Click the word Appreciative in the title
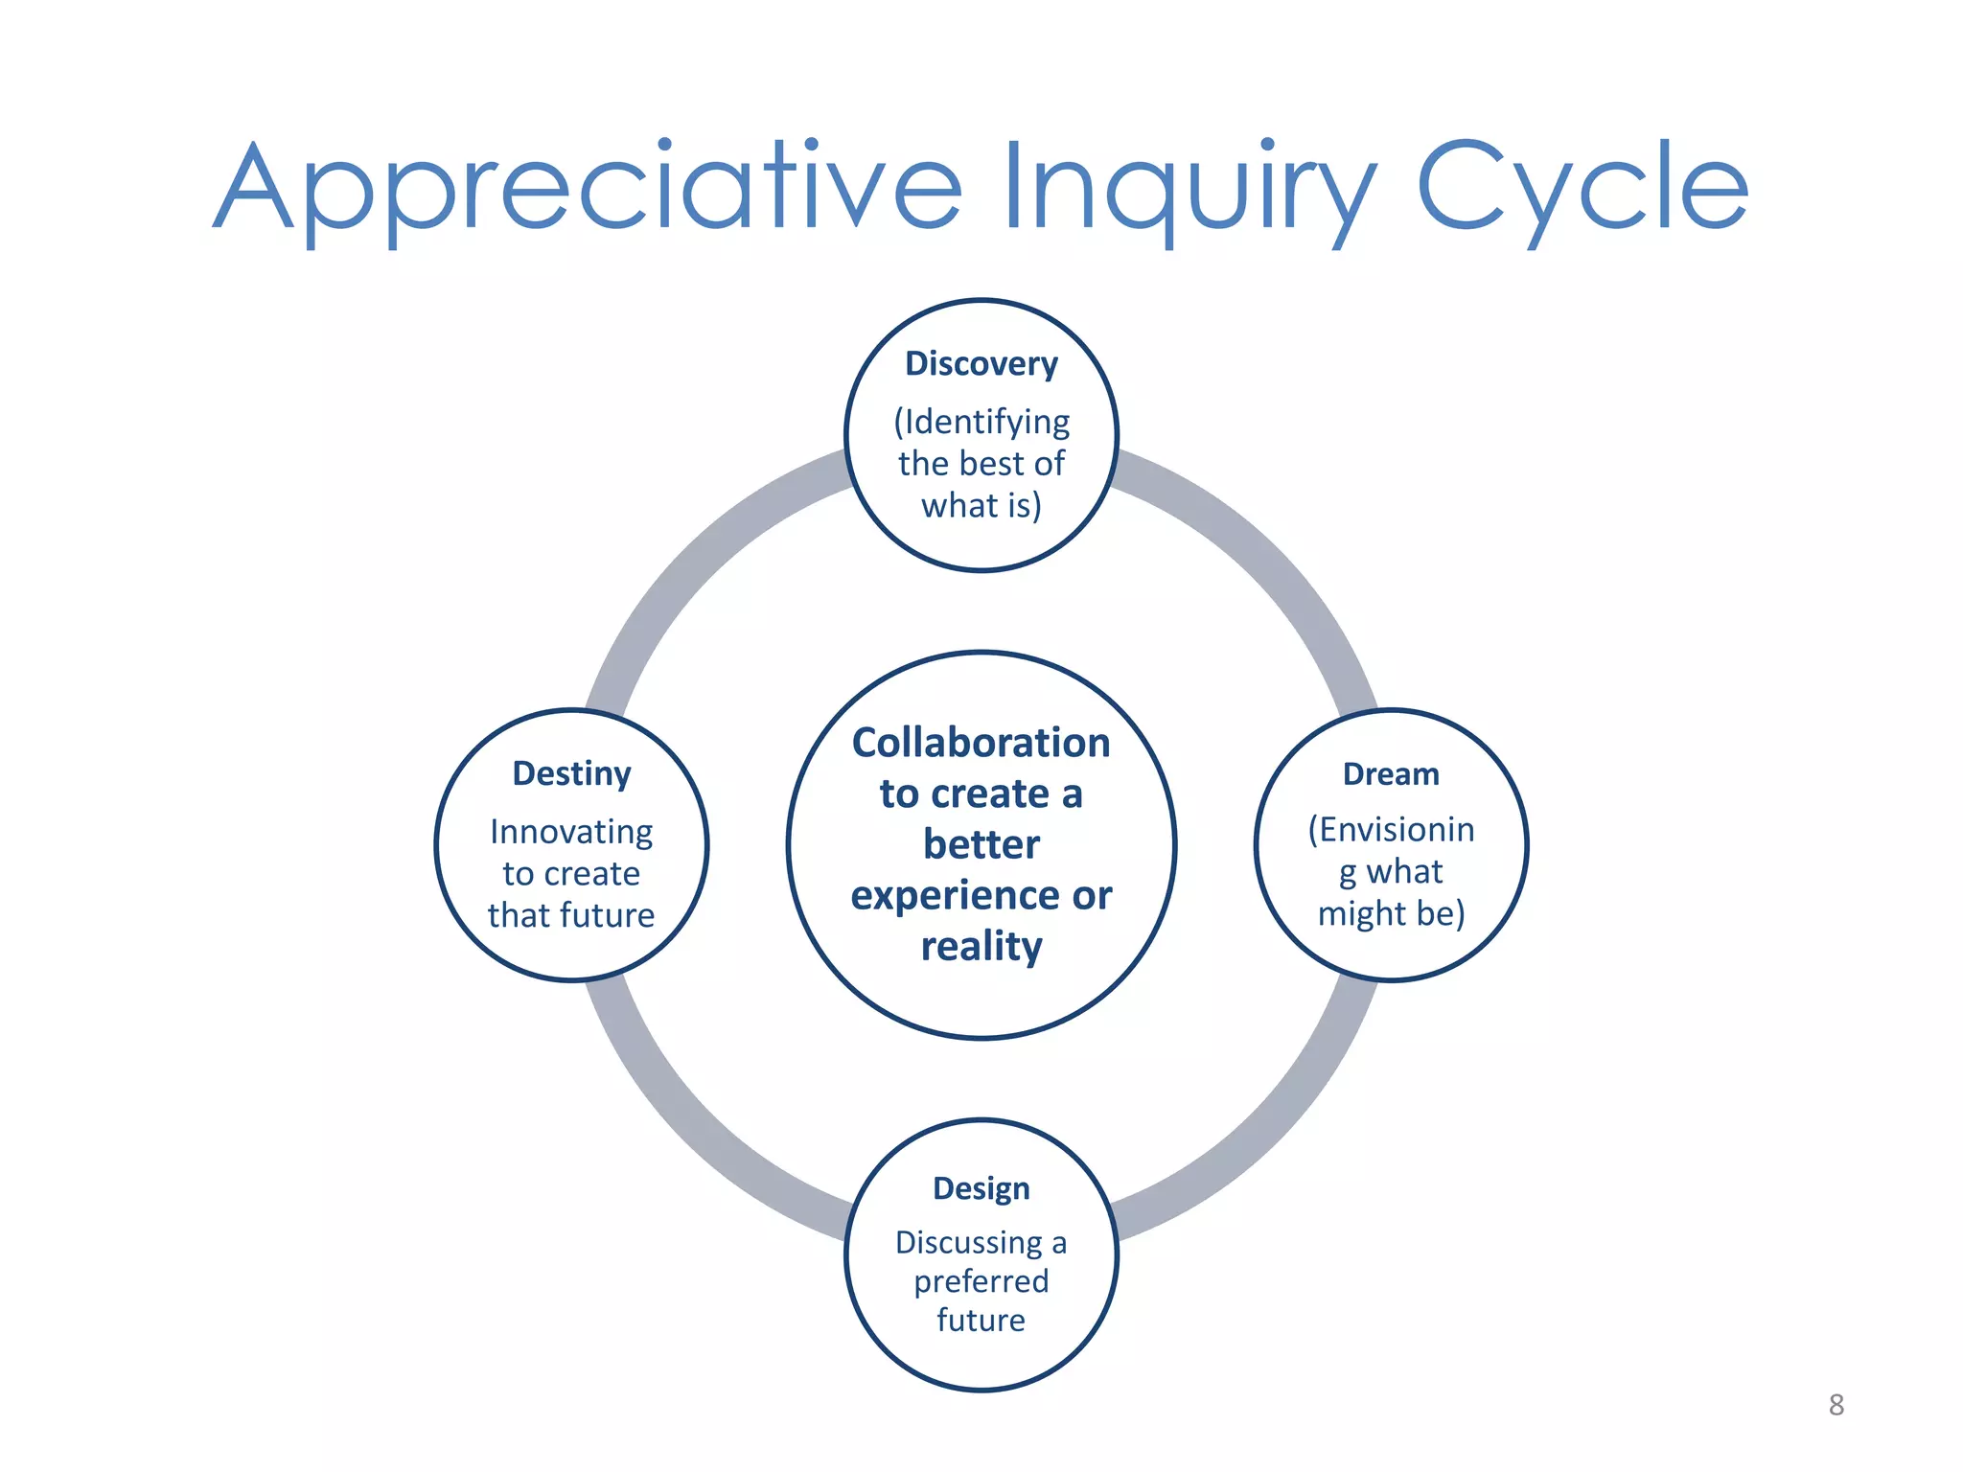point(587,187)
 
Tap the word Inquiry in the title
point(1189,187)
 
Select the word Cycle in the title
point(1582,187)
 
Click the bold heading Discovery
point(981,364)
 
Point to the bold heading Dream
point(1391,774)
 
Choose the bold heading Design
point(981,1188)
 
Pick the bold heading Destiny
point(571,773)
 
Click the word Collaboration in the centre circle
point(981,743)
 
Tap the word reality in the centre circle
point(981,947)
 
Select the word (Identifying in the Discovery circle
point(981,422)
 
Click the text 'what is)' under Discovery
point(981,505)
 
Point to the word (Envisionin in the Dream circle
point(1391,830)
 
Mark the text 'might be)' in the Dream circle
point(1391,913)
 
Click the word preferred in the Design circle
point(981,1281)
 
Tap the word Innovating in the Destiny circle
point(571,832)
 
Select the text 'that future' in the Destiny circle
point(571,915)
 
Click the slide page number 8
point(1836,1405)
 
